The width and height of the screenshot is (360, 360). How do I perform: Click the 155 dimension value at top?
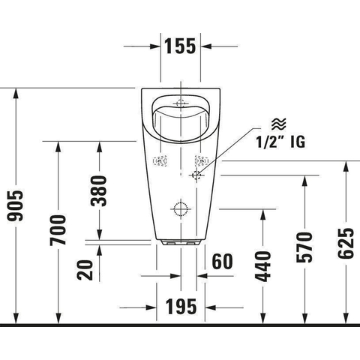tap(180, 46)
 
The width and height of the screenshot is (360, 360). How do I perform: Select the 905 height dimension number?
tap(16, 206)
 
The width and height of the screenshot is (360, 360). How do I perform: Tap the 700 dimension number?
tap(58, 230)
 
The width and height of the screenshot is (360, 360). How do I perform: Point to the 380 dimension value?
tap(99, 191)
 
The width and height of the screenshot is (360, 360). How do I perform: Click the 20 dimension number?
tap(85, 270)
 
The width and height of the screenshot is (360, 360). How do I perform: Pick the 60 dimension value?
tap(222, 262)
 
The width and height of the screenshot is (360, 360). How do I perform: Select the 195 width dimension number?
tap(181, 307)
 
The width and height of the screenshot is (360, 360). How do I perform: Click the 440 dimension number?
tap(262, 266)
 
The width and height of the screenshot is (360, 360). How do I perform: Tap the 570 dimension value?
tap(304, 247)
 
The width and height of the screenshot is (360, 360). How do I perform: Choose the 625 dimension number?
tap(346, 243)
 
